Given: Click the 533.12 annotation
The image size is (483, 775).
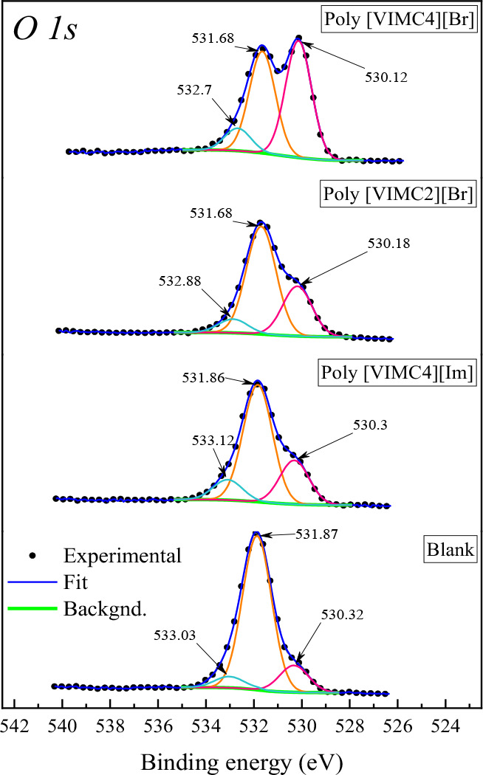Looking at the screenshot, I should (x=214, y=441).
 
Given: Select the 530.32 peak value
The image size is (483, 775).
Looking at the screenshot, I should (x=342, y=613).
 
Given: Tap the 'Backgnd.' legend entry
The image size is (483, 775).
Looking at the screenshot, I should (x=97, y=608).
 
